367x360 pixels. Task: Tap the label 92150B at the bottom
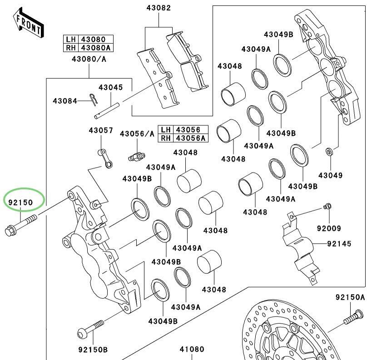click(93, 350)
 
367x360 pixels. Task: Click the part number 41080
click(192, 350)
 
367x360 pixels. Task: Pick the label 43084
click(64, 100)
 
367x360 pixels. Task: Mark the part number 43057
click(100, 131)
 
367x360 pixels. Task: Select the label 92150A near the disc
click(350, 297)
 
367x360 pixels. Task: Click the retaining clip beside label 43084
click(94, 99)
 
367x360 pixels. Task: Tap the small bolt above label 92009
click(326, 207)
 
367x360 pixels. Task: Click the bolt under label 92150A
click(352, 318)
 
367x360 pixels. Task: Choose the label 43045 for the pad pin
click(111, 87)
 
